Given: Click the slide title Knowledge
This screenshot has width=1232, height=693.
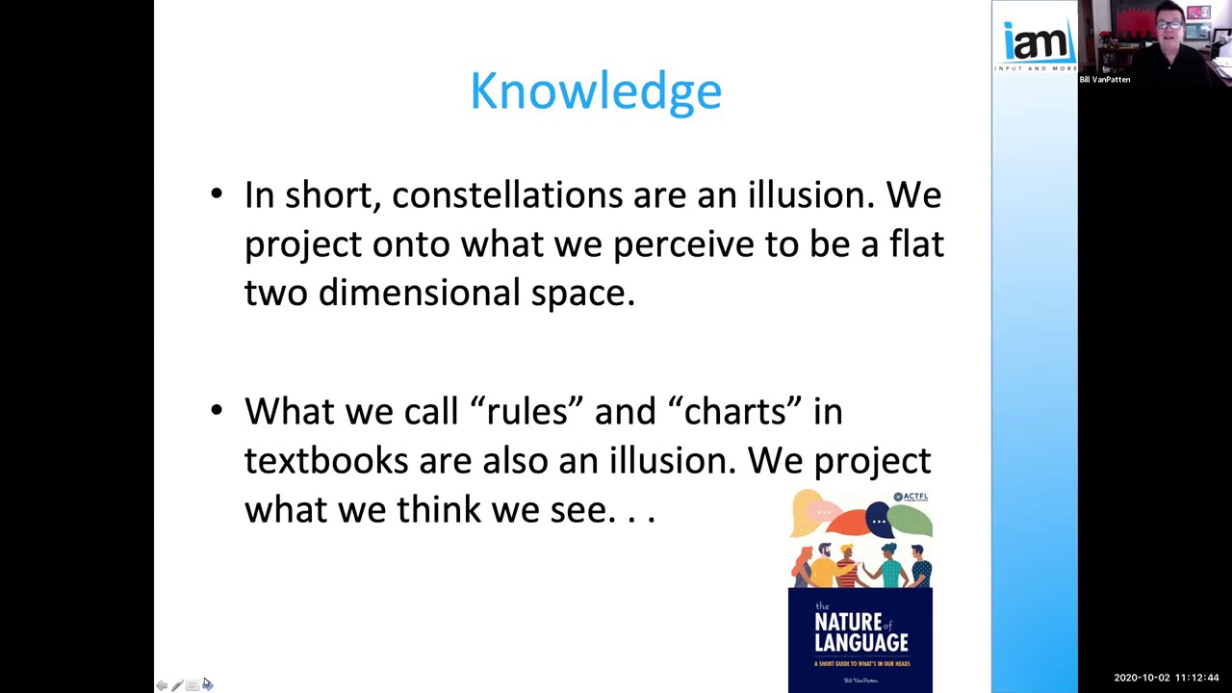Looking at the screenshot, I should pos(596,91).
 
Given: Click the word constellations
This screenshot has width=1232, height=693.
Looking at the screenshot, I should pos(507,195).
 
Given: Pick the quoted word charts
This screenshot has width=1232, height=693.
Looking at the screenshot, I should pos(742,412).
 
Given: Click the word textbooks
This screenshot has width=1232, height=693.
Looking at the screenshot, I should pos(326,461).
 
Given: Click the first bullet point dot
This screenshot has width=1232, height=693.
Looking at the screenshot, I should pos(217,195).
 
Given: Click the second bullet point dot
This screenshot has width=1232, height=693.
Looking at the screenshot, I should pos(217,411).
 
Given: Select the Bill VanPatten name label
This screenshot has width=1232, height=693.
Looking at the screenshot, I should pos(1105,80).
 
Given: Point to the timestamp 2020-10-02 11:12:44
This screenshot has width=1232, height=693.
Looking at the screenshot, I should pos(1167,679).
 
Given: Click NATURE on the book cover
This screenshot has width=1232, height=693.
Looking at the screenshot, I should pos(848,622).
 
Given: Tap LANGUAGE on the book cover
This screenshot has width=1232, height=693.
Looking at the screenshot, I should pos(860,642).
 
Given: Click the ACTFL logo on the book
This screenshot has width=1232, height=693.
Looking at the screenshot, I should pos(910,498).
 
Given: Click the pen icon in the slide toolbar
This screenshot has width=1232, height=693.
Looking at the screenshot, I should pos(177,685).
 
